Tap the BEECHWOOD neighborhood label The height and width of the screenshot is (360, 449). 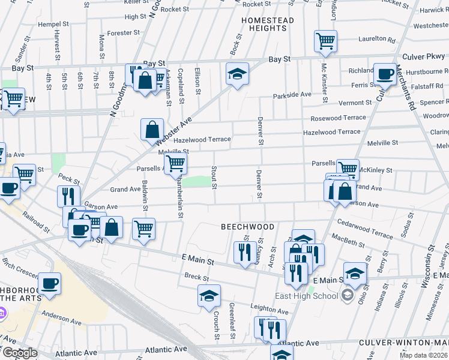coord(247,227)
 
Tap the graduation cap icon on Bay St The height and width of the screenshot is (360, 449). coord(237,74)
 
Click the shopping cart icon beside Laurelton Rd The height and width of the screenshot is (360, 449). coord(325,41)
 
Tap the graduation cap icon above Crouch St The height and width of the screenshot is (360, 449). coord(209,295)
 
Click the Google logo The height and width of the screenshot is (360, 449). coord(20,353)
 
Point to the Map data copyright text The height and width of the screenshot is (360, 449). coord(422,355)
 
